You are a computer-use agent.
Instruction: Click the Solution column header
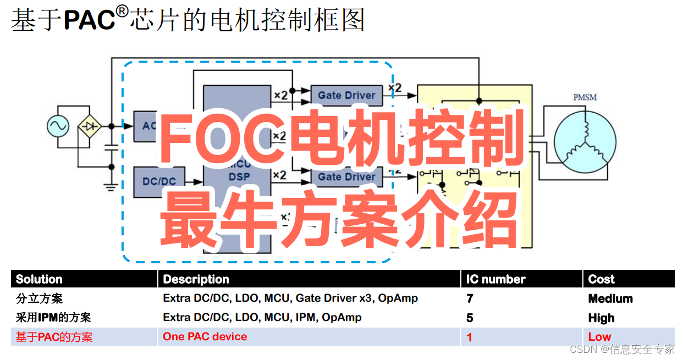39,279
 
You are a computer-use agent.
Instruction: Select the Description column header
196,279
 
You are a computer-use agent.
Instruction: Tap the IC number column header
496,279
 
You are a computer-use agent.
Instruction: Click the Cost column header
602,279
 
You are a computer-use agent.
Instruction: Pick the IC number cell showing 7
470,298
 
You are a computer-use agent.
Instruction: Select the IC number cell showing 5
470,318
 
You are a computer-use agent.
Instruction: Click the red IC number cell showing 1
470,337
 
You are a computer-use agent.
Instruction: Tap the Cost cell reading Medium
610,298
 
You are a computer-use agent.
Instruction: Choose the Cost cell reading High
602,318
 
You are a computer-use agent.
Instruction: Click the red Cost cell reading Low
600,337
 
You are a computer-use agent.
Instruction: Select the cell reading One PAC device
205,336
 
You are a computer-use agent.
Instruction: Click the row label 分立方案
39,298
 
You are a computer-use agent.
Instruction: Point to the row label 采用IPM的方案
53,318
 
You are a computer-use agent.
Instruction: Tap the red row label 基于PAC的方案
54,337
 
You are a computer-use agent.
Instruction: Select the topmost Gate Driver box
346,95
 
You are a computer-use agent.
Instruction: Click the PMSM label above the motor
585,97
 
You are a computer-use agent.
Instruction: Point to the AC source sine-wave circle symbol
57,126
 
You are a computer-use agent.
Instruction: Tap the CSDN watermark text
622,349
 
